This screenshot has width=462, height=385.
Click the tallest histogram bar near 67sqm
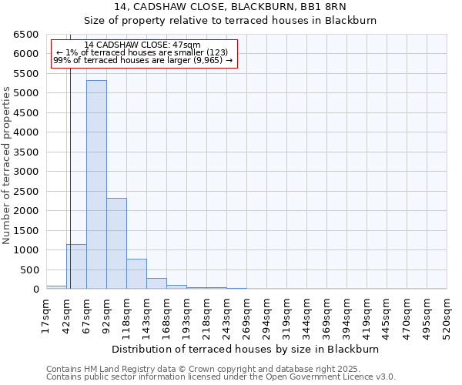[x=96, y=185]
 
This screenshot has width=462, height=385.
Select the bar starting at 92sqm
[x=116, y=243]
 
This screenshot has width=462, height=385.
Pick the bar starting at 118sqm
[x=136, y=274]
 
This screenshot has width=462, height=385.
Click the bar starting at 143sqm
[x=156, y=283]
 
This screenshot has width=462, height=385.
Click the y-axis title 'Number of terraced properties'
[x=7, y=166]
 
